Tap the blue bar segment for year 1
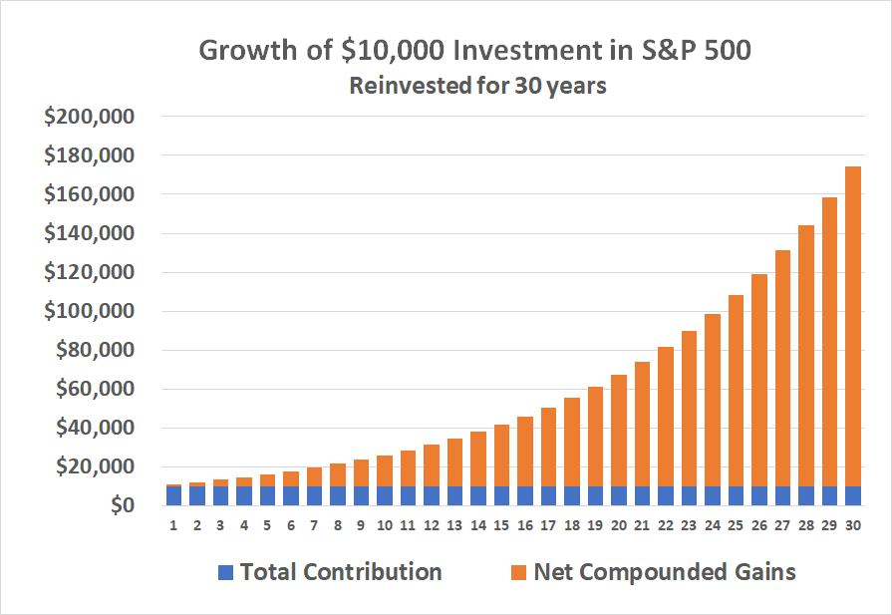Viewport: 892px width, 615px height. tap(173, 496)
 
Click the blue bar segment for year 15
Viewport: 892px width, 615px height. tap(501, 496)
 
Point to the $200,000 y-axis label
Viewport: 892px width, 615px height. tap(90, 117)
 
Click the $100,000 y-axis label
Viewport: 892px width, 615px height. tap(90, 311)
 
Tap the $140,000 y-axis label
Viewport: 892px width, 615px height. tap(90, 233)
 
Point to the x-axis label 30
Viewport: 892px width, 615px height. tap(852, 523)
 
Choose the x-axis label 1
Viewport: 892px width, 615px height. tap(173, 523)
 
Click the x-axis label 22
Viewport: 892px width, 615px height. tap(665, 523)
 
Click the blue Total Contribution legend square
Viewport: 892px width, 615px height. tap(224, 573)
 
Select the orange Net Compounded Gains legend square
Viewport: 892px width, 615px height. tap(517, 573)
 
